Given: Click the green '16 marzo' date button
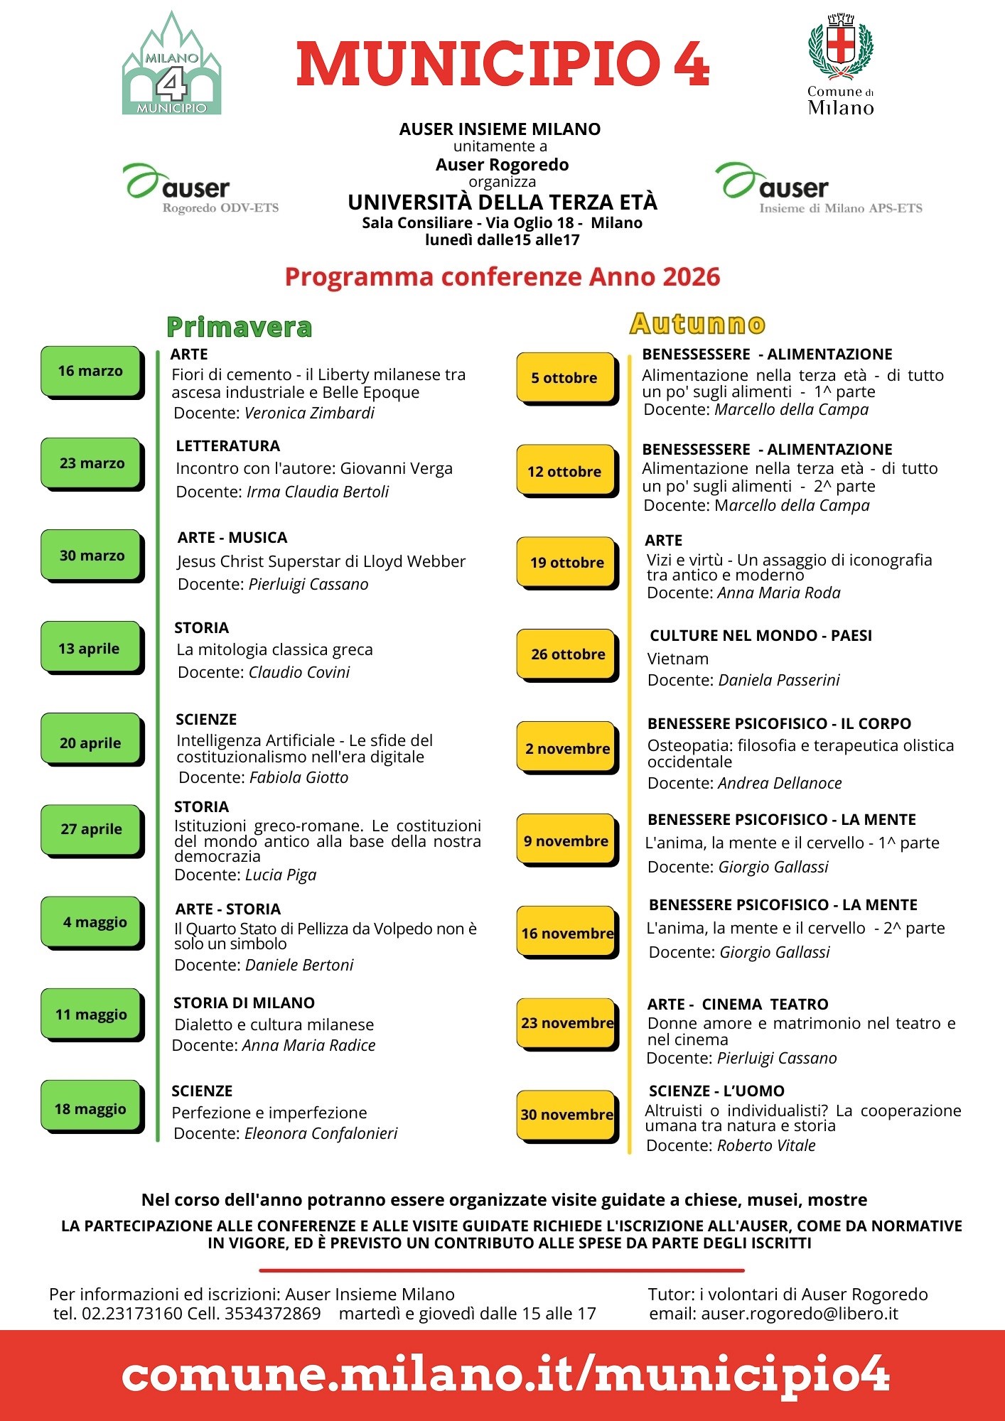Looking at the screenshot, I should coord(90,371).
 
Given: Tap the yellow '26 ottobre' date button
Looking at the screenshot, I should coord(567,654).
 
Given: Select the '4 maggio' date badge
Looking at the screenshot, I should coord(92,922).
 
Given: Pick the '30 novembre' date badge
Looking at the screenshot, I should coord(566,1115).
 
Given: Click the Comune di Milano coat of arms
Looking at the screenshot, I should coord(841,46).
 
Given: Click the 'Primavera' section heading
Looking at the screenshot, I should coord(239,327).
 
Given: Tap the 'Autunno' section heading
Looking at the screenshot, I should coord(697,324).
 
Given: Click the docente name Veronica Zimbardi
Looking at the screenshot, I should coord(309,413).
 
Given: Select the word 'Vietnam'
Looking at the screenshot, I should coord(677,659).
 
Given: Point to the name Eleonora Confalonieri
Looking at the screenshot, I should coord(321,1133).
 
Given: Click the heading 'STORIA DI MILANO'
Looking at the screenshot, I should coord(244,1003).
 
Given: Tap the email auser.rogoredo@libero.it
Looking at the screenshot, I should coord(799,1314).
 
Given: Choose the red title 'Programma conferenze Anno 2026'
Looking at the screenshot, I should coord(502,276).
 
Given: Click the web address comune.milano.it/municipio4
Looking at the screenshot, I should coord(505,1375).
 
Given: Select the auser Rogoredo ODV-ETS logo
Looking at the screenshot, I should coord(201,189).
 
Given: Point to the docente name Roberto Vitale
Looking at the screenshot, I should coord(765,1145).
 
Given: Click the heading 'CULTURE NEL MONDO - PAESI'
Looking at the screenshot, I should coord(761,635).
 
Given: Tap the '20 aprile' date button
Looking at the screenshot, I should coord(90,743).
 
